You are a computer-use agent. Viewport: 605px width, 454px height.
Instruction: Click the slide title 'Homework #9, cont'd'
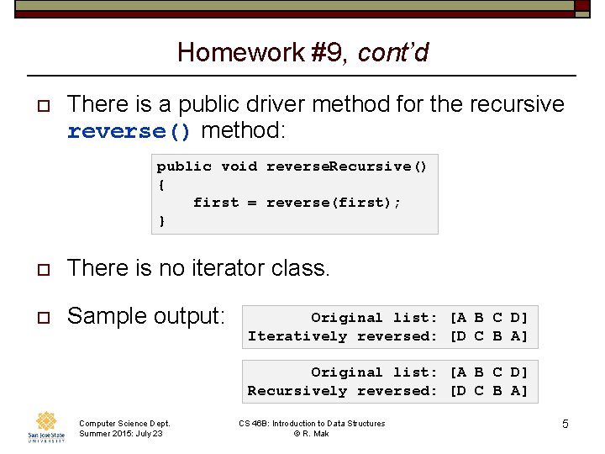tap(302, 53)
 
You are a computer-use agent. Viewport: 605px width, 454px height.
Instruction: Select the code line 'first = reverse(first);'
tap(297, 203)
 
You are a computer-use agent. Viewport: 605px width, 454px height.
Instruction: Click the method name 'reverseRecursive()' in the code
tap(346, 166)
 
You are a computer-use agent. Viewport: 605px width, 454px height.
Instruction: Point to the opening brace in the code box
tap(160, 184)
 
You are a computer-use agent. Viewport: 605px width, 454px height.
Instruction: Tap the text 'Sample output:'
tap(146, 316)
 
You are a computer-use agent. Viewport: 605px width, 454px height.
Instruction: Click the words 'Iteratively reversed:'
tap(342, 336)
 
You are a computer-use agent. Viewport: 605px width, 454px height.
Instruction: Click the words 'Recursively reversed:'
tap(342, 391)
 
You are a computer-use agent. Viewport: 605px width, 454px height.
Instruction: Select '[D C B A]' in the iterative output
tap(489, 336)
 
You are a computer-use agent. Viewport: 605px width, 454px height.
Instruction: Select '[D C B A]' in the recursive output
tap(489, 391)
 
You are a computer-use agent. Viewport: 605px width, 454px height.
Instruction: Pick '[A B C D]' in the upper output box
tap(489, 318)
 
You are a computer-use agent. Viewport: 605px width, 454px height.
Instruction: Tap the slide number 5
tap(565, 424)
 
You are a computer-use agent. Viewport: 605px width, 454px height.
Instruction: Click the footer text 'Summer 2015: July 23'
tap(121, 433)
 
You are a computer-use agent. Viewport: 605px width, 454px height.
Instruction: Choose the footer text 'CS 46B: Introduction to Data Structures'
tap(312, 424)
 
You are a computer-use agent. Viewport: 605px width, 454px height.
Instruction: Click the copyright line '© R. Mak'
tap(312, 433)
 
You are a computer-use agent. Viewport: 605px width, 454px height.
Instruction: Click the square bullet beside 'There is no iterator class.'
tap(35, 269)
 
